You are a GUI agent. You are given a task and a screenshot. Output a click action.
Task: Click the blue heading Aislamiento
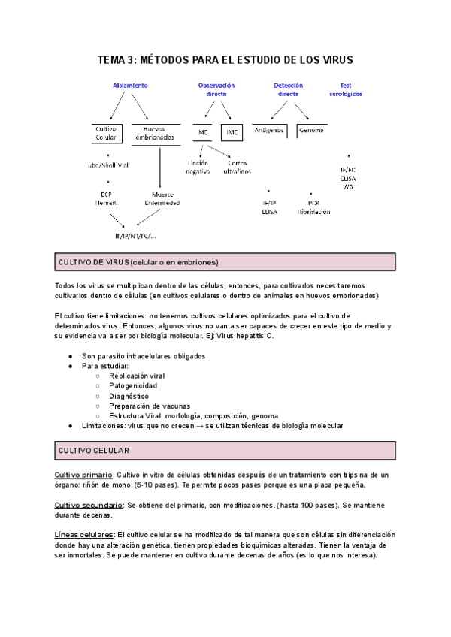[130, 86]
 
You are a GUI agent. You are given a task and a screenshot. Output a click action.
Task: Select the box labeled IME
[232, 133]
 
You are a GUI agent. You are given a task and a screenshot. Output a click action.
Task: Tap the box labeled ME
[203, 133]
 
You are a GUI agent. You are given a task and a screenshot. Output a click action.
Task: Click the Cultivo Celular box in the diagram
[106, 133]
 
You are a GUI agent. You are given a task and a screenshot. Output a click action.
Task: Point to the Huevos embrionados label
[155, 133]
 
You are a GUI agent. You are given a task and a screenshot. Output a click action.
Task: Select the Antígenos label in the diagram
[268, 130]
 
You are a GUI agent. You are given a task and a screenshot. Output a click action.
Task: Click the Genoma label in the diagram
[311, 130]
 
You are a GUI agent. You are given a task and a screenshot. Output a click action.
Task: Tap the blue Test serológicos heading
[346, 89]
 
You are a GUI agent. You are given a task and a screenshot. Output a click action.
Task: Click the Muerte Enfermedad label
[162, 198]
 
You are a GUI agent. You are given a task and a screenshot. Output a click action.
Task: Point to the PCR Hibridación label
[313, 207]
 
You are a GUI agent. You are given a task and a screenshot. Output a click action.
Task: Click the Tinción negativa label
[198, 167]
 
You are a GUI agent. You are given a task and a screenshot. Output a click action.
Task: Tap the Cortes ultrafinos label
[237, 167]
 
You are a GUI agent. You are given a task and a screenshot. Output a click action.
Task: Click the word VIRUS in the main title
[334, 59]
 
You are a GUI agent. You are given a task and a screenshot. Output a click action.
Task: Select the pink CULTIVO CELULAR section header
[225, 451]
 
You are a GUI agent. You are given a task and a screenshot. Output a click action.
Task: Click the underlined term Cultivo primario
[83, 475]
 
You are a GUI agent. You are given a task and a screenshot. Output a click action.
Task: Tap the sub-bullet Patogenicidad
[133, 385]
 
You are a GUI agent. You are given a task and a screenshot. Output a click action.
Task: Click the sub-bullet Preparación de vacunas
[149, 406]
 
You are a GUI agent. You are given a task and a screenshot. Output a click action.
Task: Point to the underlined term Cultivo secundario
[89, 505]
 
